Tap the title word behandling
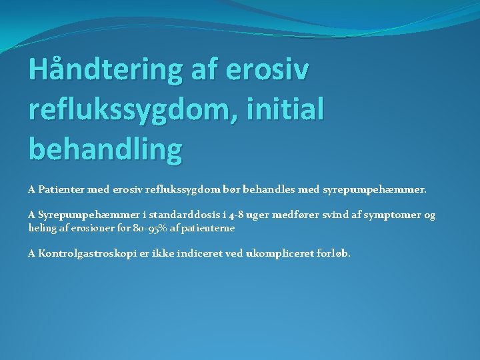105,149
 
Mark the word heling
43,227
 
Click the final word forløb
331,253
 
